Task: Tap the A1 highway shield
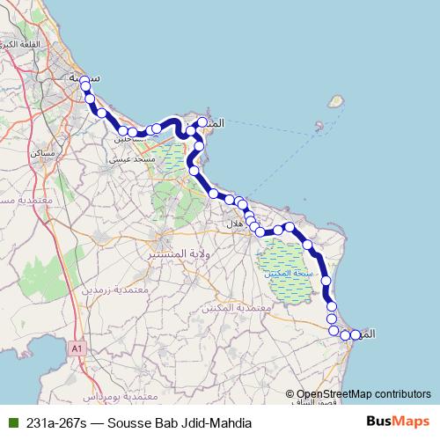click(76, 349)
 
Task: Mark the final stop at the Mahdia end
click(356, 334)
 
